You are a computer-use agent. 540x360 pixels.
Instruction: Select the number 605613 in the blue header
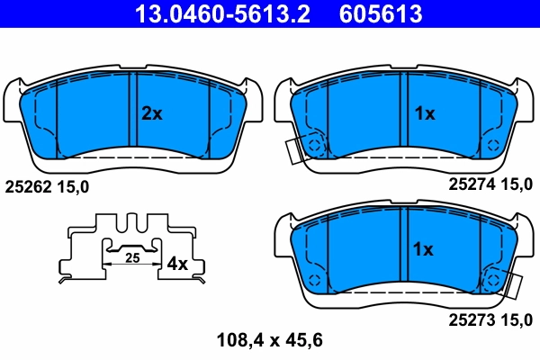coord(379,13)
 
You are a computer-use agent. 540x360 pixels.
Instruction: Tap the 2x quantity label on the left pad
coord(151,113)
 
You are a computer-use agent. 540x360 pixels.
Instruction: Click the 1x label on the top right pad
coord(423,113)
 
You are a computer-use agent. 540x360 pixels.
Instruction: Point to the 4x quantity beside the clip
coord(177,264)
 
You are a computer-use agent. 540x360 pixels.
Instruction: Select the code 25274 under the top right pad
coord(470,184)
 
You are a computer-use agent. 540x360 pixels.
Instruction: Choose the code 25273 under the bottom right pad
coord(470,319)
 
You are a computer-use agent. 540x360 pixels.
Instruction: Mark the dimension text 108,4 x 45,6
coord(269,340)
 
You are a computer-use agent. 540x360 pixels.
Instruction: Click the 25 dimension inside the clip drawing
coord(132,258)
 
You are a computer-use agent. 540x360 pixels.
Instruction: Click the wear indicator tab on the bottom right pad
coord(514,286)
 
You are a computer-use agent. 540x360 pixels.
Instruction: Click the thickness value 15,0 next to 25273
coord(518,319)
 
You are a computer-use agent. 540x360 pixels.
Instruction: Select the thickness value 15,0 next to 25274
coord(518,184)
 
